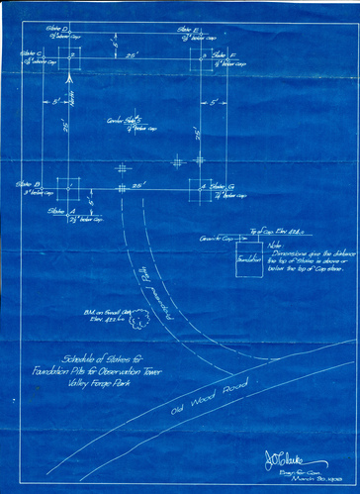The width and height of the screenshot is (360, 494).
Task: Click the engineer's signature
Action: pos(281,458)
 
